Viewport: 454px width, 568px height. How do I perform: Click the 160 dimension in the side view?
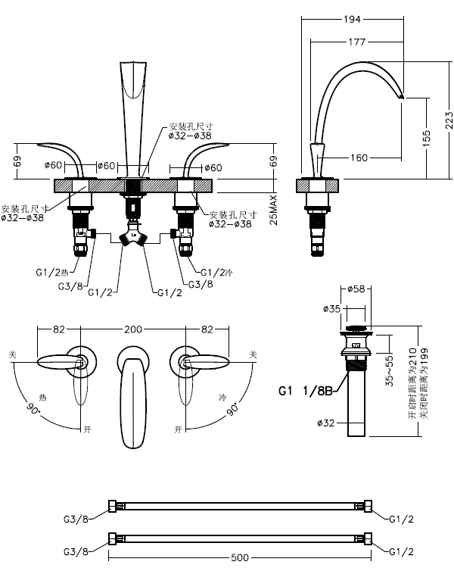pos(359,158)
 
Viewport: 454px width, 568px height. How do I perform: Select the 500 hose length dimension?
pos(239,558)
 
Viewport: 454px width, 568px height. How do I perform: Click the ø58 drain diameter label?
pos(356,289)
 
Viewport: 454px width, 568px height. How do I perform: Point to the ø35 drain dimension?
pos(331,309)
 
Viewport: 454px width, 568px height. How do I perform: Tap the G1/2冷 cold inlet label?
pos(216,272)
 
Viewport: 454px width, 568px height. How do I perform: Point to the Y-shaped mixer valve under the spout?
pos(134,236)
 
